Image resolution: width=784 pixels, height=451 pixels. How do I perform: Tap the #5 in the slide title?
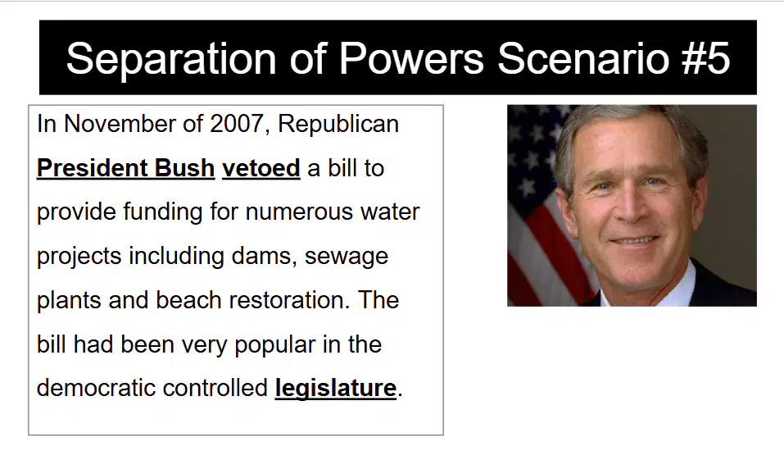coord(705,58)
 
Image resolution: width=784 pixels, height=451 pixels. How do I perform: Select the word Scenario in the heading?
coord(582,58)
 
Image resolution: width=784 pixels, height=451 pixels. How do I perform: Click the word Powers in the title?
coord(411,58)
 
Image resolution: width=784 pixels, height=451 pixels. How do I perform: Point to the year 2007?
coord(237,124)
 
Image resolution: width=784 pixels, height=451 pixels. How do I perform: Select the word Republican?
coord(338,124)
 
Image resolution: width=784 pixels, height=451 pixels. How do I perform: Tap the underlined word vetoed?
coord(261,167)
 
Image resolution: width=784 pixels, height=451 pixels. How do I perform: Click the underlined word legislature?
coord(336,388)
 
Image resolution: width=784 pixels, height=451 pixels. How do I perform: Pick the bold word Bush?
coord(184,167)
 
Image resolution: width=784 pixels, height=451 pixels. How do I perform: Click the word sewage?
coord(347,257)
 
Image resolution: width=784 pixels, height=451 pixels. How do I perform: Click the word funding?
coord(163,212)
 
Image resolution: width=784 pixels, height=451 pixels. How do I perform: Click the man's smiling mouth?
coord(634,241)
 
